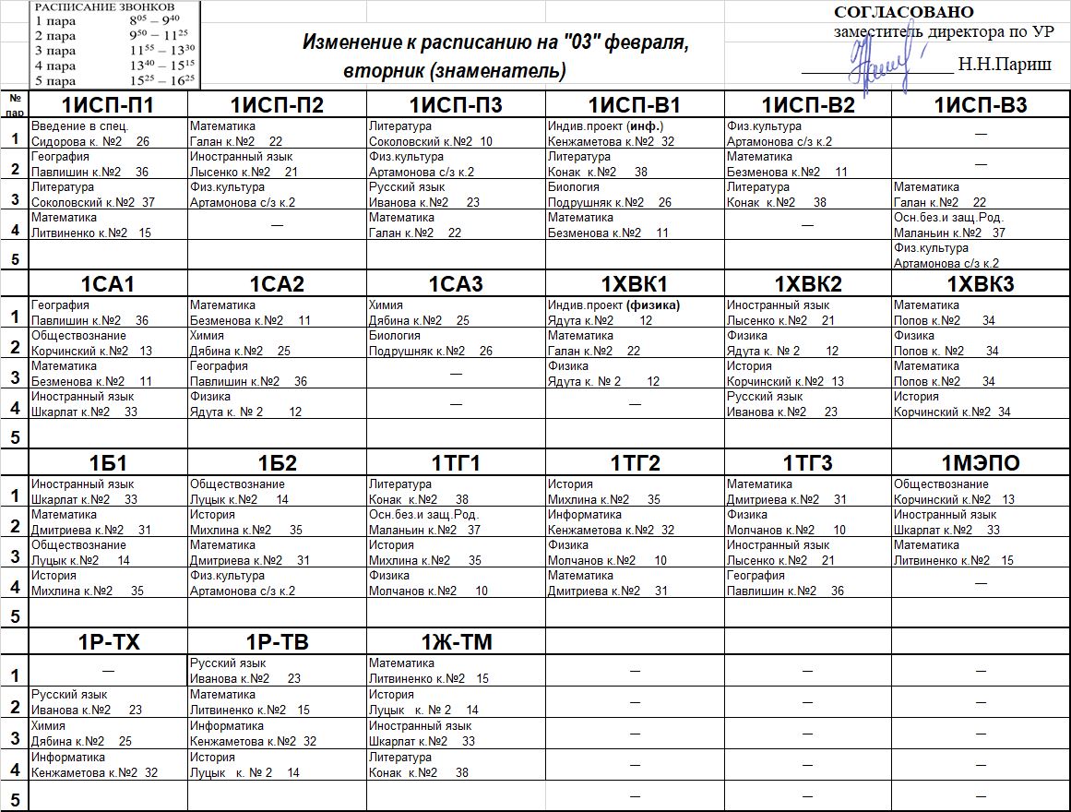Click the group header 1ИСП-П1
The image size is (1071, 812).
pos(108,105)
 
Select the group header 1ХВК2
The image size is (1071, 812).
pos(808,284)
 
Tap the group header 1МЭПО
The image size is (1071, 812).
pos(981,463)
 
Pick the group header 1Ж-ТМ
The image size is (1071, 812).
pos(457,643)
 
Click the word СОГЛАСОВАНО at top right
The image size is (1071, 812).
pos(904,12)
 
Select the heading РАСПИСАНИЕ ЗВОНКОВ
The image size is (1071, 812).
pos(103,6)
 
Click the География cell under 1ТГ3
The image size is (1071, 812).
pos(807,583)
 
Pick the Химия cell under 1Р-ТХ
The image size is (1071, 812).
pos(108,734)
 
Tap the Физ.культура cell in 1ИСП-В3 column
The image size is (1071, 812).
pos(981,256)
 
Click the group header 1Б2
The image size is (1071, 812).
pos(278,463)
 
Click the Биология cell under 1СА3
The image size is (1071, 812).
pos(456,343)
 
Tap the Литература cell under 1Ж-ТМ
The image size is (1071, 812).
pos(456,765)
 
